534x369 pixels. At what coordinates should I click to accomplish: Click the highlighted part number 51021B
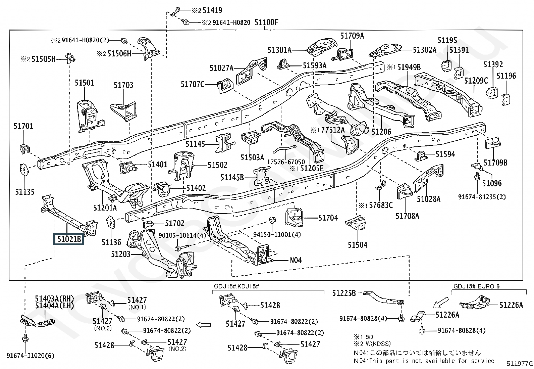69,239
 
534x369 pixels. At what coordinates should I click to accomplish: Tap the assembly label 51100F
266,22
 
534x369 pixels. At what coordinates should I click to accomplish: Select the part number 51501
85,83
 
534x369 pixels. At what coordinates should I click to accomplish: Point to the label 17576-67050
286,162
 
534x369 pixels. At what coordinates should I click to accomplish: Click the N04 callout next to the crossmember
296,260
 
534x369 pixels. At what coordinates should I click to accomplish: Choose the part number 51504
358,245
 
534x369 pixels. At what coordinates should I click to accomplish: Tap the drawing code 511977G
520,364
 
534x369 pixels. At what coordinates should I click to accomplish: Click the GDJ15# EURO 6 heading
476,286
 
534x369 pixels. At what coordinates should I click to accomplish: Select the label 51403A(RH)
55,298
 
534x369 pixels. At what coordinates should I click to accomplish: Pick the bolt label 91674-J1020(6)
31,356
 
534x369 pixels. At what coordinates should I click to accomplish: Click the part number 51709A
352,36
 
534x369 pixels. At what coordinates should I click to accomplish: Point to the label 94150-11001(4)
277,234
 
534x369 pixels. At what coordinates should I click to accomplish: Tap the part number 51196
506,76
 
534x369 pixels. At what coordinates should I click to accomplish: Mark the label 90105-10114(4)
182,235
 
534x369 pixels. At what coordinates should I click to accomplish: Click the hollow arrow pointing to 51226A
440,303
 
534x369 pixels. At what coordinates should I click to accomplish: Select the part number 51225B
344,293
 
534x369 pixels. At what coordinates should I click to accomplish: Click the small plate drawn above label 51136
111,222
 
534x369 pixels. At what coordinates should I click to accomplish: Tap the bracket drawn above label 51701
24,149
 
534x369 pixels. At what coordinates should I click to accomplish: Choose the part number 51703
123,85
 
